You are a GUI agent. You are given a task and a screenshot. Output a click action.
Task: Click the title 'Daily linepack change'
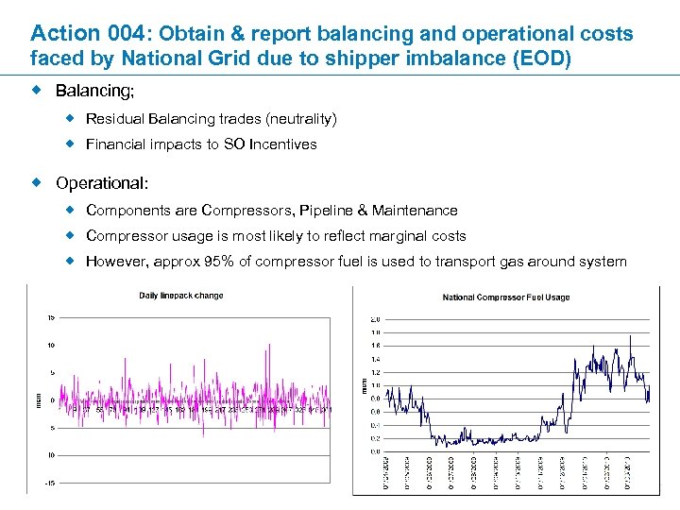(x=181, y=296)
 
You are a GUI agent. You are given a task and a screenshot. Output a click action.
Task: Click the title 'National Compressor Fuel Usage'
(x=505, y=297)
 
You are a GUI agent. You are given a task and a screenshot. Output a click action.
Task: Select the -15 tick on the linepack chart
(x=49, y=483)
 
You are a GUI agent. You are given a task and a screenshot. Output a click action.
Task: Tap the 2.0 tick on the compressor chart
(x=375, y=319)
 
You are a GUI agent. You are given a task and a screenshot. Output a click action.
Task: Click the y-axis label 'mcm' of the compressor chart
(x=363, y=385)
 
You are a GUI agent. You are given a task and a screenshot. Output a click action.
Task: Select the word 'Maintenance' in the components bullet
(x=415, y=210)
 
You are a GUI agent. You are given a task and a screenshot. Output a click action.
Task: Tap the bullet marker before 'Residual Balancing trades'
(x=70, y=119)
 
